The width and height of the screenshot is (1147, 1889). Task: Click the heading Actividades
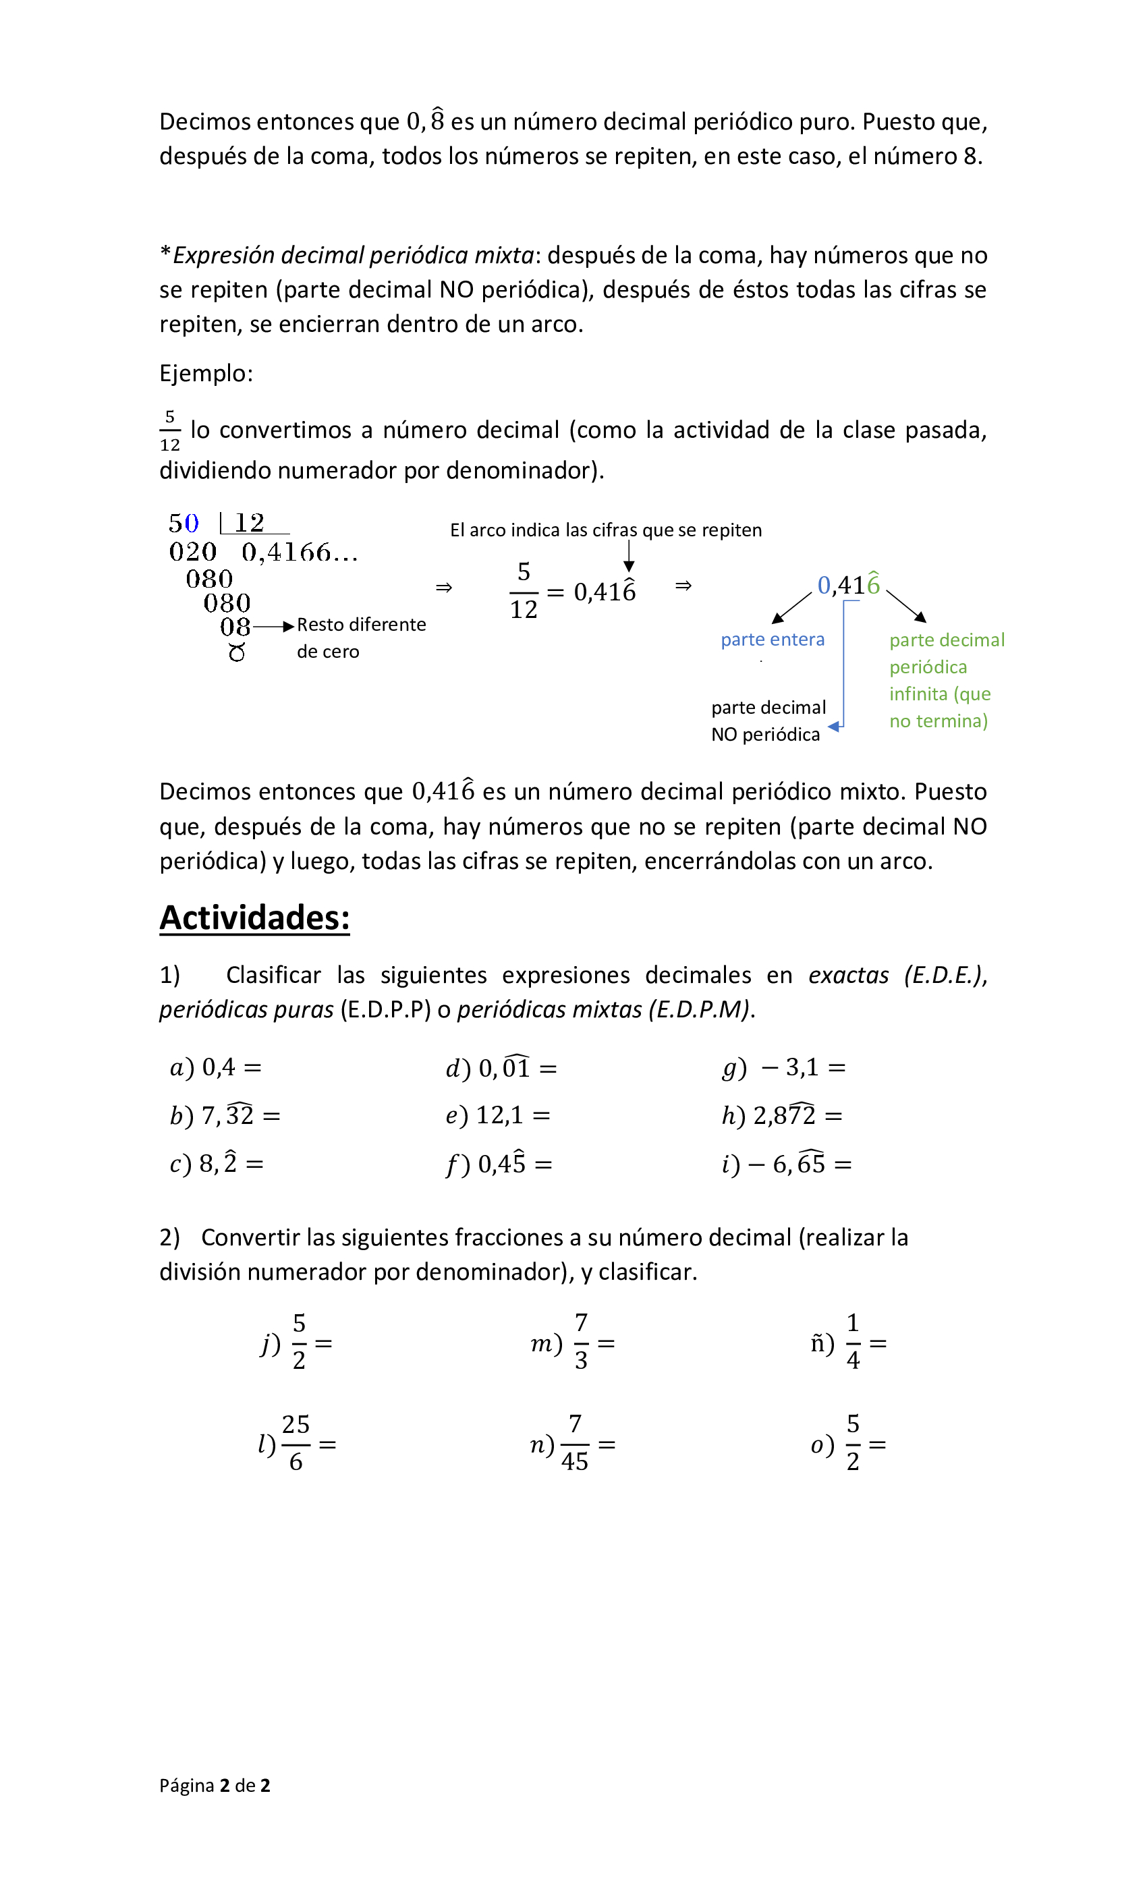point(254,918)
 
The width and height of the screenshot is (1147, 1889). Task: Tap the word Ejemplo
point(206,373)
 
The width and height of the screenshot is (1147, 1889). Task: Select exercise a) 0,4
point(215,1067)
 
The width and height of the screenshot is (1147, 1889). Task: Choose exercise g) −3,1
point(783,1067)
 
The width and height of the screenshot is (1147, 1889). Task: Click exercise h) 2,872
point(781,1115)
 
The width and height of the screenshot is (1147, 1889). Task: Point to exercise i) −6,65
point(786,1164)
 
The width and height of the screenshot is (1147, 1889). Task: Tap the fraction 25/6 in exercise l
point(296,1443)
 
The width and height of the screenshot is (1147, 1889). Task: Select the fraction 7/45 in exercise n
point(574,1443)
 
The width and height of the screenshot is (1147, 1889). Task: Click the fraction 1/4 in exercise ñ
point(853,1342)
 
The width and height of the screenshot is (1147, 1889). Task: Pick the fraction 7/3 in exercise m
point(581,1342)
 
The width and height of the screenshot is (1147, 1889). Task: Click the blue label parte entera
point(772,640)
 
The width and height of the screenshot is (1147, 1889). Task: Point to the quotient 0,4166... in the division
point(299,552)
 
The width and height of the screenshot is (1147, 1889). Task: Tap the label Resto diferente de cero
point(360,637)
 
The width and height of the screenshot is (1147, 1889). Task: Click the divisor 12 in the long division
point(250,523)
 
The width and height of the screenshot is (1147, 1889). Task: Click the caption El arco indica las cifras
point(605,530)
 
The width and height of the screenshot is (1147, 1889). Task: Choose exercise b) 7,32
point(225,1115)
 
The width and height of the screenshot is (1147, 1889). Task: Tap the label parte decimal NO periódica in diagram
point(768,721)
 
